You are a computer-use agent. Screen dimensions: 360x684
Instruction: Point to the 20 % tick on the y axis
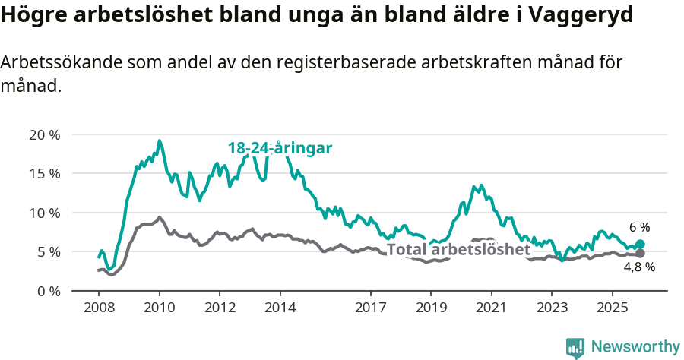[x=44, y=135]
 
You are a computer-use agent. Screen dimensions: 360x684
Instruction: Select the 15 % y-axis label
[x=44, y=174]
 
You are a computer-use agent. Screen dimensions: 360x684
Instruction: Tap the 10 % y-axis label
[x=44, y=213]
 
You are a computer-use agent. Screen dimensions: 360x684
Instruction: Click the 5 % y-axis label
[x=48, y=251]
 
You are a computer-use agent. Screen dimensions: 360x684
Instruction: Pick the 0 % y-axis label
[x=48, y=291]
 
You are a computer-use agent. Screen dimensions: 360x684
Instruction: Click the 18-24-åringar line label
[x=280, y=149]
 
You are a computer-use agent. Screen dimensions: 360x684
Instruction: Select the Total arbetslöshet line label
[x=458, y=250]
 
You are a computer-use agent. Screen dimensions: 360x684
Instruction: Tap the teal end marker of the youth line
[x=640, y=245]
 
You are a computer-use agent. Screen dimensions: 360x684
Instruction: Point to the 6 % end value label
[x=639, y=227]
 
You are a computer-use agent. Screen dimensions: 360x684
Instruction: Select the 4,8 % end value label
[x=639, y=267]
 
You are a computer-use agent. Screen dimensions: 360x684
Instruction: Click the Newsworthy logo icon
[x=575, y=348]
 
